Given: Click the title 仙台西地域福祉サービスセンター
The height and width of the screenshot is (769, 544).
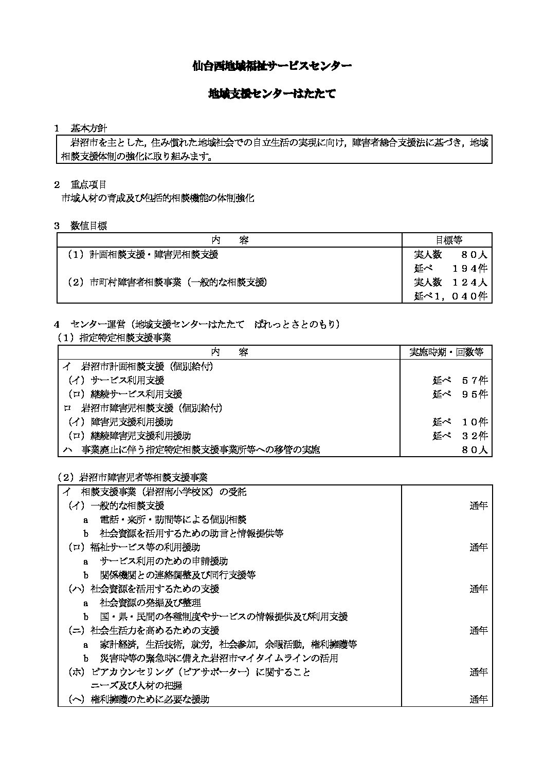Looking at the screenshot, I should pyautogui.click(x=271, y=66).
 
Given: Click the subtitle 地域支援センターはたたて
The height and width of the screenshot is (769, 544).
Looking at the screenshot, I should pyautogui.click(x=271, y=93).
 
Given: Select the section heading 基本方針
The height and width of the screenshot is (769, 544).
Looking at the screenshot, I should pyautogui.click(x=88, y=128).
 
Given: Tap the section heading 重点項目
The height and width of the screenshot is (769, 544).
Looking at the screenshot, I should pyautogui.click(x=88, y=184).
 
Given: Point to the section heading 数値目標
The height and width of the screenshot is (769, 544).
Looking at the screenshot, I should pyautogui.click(x=88, y=226).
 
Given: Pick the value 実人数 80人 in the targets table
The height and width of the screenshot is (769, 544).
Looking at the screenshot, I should pyautogui.click(x=450, y=254).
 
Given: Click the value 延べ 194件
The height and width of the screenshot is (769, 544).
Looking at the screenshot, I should pyautogui.click(x=450, y=268).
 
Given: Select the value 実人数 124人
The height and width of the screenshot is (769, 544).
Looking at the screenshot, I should pyautogui.click(x=450, y=282).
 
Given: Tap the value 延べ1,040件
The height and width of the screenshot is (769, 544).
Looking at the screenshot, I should pyautogui.click(x=450, y=296).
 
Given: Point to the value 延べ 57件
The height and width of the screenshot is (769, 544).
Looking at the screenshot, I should pyautogui.click(x=460, y=380).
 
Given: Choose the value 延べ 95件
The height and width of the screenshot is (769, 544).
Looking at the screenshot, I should pyautogui.click(x=460, y=394).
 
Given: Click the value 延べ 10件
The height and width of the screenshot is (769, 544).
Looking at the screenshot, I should pyautogui.click(x=460, y=422).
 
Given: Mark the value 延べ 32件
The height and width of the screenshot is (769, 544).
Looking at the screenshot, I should pyautogui.click(x=460, y=436).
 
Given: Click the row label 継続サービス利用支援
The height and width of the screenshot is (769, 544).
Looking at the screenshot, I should pyautogui.click(x=136, y=394).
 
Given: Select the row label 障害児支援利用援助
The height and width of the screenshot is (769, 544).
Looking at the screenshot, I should pyautogui.click(x=131, y=422).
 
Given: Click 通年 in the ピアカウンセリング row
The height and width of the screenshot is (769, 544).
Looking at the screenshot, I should pyautogui.click(x=478, y=672).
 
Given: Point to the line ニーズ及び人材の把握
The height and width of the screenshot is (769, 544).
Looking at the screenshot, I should pyautogui.click(x=136, y=686).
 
